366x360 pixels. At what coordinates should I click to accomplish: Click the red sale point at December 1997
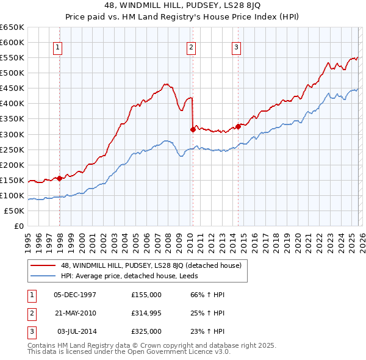click(59, 178)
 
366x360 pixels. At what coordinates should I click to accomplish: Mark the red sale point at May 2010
click(193, 129)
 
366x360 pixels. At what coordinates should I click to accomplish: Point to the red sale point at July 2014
click(237, 126)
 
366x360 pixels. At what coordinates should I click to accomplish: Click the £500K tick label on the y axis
click(12, 73)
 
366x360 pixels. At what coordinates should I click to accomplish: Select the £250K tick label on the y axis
click(12, 149)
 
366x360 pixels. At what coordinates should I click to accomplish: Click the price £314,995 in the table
click(146, 313)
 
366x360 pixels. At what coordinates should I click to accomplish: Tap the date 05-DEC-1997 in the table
click(75, 295)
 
